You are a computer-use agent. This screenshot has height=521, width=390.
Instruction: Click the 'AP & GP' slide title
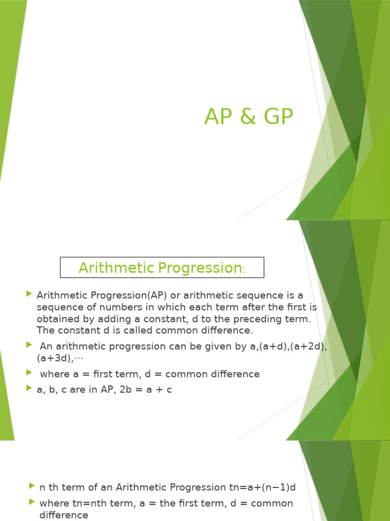pos(249,117)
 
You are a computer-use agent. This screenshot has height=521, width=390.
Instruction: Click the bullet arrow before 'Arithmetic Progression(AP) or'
pos(28,294)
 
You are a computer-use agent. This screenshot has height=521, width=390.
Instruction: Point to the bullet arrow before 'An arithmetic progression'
pos(28,345)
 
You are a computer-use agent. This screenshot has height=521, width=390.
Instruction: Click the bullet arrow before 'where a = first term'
pos(28,373)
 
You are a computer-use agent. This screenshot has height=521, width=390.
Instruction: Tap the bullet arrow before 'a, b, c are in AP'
pos(28,388)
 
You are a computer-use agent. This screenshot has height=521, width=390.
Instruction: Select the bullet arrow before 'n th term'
pos(32,486)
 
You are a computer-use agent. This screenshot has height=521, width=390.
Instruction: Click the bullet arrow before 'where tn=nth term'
pos(32,503)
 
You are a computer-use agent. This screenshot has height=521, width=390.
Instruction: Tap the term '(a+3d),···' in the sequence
pos(60,358)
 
